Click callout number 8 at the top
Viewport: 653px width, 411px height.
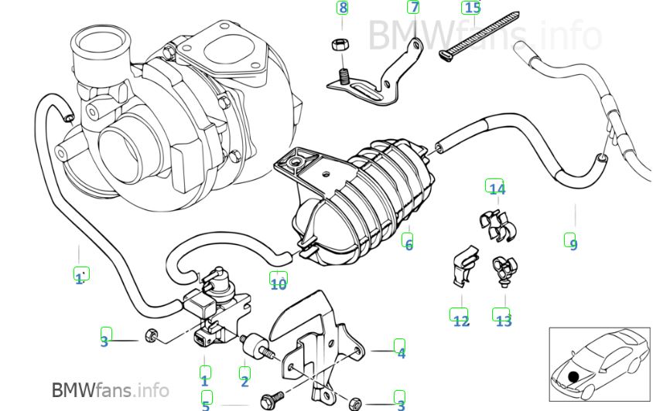343,8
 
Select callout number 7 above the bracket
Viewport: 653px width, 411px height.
414,7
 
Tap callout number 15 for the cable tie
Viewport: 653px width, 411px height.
472,8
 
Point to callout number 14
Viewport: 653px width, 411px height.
497,189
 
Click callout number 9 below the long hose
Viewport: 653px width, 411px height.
573,244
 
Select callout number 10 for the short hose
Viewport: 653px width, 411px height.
279,284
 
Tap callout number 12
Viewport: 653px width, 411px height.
461,321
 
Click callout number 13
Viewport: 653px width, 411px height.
504,321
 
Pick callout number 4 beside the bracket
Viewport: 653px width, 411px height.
401,353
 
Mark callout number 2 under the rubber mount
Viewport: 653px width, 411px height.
244,381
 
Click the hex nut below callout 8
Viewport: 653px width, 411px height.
340,44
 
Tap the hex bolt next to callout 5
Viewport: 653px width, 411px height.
272,401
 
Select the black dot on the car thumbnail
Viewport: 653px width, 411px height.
573,377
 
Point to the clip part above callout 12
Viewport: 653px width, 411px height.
465,267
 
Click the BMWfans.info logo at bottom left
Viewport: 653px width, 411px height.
111,390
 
